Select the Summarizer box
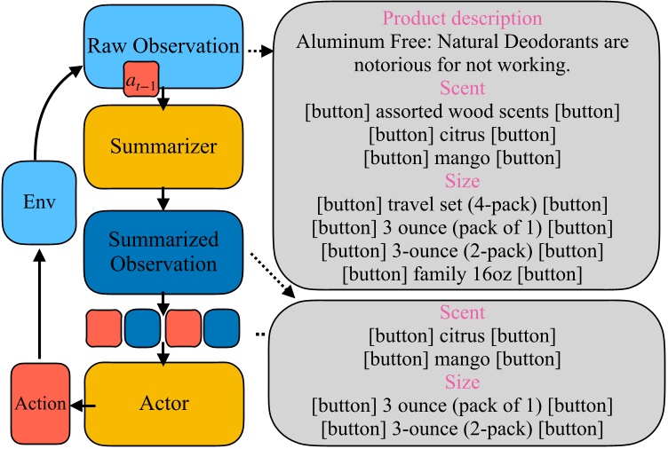(x=163, y=146)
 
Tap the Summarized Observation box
(x=163, y=252)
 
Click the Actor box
(x=163, y=404)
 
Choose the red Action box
(x=39, y=404)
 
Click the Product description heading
(x=461, y=19)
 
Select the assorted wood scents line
(x=461, y=114)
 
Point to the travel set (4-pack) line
(x=461, y=206)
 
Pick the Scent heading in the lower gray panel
(x=461, y=312)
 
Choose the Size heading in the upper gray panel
(x=461, y=183)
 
